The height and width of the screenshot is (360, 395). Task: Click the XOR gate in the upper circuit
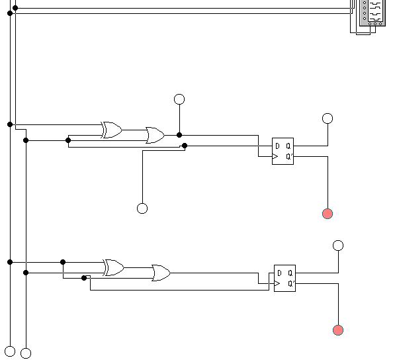[112, 130]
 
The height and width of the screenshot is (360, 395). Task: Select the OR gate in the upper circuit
[155, 135]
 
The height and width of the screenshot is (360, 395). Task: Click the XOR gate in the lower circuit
[114, 267]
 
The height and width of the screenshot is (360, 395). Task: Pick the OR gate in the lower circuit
[161, 273]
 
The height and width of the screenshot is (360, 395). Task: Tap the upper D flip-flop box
[283, 151]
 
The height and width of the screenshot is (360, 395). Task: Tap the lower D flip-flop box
[285, 278]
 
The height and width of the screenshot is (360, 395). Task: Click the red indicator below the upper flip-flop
[328, 214]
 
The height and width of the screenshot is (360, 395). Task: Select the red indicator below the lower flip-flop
[338, 330]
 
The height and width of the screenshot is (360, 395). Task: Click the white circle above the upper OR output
[179, 99]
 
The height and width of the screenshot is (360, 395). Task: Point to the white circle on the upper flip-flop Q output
[328, 118]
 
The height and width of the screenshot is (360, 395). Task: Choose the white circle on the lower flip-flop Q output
[338, 246]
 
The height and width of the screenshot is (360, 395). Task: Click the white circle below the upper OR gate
[142, 208]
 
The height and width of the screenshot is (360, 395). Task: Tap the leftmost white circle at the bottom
[10, 351]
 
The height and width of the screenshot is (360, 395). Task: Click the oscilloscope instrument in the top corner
[373, 13]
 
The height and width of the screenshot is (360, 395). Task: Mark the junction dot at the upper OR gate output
[179, 135]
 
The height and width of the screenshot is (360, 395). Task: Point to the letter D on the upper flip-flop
[277, 146]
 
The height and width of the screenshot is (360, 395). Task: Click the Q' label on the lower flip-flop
[291, 284]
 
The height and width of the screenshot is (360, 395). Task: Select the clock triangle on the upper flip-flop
[275, 156]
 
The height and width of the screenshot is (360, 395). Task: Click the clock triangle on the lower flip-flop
[277, 284]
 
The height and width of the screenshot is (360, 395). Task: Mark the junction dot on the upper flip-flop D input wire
[185, 146]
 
